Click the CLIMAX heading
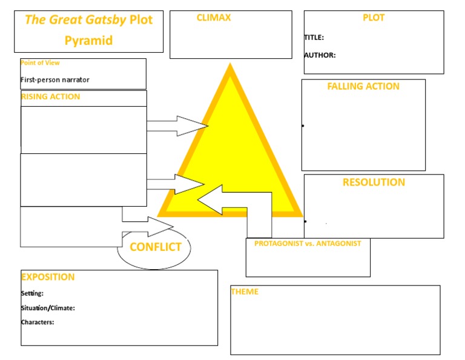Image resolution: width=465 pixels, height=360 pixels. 214,18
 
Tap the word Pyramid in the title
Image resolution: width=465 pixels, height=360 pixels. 88,41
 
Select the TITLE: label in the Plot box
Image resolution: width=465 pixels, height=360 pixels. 314,38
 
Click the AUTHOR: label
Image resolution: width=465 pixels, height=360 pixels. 320,55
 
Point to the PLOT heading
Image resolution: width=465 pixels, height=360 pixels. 374,18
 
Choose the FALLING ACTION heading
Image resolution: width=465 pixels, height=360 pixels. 363,86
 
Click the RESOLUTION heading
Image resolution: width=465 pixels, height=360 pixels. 374,182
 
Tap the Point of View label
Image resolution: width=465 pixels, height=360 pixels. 40,63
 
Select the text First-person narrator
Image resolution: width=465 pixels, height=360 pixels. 55,79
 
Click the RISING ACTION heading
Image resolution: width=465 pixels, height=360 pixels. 50,96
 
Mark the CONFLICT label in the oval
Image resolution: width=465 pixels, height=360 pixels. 156,247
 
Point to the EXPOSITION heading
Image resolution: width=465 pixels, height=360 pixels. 48,277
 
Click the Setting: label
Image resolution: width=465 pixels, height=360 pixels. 32,293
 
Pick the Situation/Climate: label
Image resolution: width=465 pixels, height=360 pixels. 48,308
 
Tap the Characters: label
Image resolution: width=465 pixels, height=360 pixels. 38,322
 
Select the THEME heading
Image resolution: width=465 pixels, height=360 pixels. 245,292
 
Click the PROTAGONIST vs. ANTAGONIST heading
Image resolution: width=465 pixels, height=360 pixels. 308,244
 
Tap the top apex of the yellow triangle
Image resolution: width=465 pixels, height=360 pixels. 230,67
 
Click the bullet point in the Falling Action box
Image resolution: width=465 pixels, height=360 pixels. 303,126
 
